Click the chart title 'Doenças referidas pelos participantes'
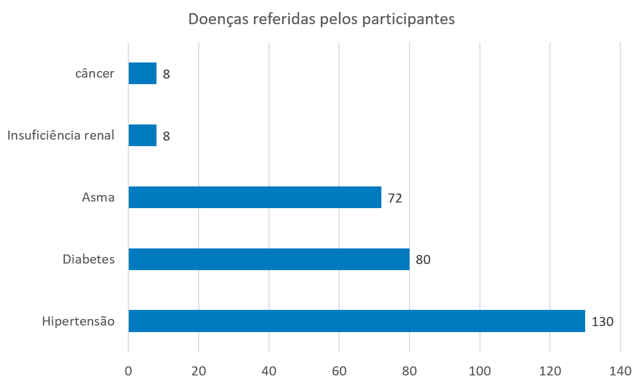click(x=322, y=19)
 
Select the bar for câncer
click(x=142, y=74)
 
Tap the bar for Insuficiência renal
click(x=142, y=136)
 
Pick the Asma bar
click(x=255, y=198)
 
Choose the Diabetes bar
click(x=269, y=260)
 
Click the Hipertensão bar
click(x=356, y=321)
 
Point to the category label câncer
click(x=95, y=74)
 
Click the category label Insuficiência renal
click(x=61, y=136)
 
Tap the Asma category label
click(x=98, y=198)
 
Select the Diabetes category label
click(x=89, y=260)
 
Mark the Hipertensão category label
click(x=78, y=321)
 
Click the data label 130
click(x=602, y=321)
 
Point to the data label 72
click(x=395, y=198)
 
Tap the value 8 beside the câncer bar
click(x=167, y=74)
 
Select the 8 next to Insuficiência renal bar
click(x=167, y=136)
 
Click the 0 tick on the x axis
click(x=128, y=371)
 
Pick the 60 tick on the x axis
click(x=339, y=371)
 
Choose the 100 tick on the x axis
click(x=479, y=371)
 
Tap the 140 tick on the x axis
click(x=620, y=371)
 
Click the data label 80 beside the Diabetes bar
click(x=423, y=260)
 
